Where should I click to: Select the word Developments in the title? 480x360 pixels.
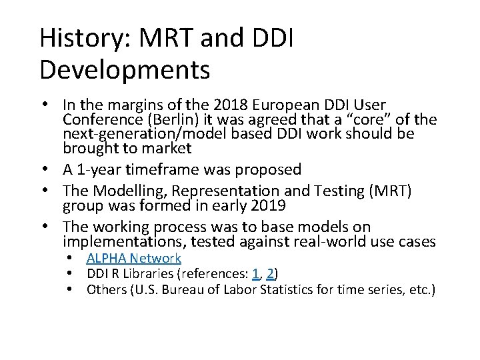coord(125,69)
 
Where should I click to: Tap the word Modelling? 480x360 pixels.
coord(125,191)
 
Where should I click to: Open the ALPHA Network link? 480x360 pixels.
coord(133,258)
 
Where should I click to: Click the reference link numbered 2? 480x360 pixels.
coord(270,274)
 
